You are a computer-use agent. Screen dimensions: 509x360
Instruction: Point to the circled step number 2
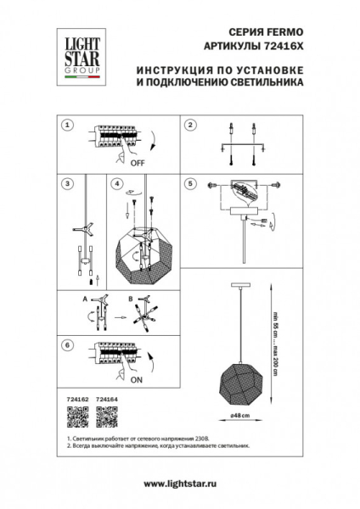tap(191, 125)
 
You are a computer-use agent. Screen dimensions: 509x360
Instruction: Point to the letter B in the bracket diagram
tap(130, 299)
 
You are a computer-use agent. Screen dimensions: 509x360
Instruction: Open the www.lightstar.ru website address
tap(178, 484)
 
